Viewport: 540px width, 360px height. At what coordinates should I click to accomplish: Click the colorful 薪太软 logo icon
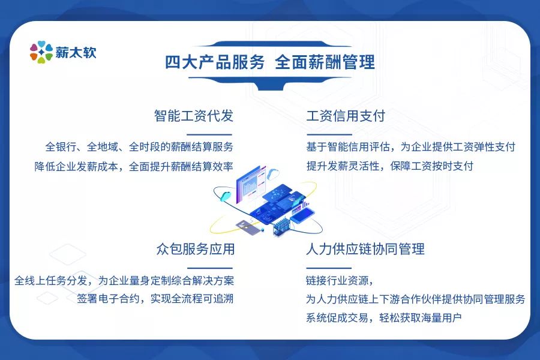[x=41, y=52]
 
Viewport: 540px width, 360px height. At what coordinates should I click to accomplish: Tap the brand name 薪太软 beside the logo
[x=76, y=53]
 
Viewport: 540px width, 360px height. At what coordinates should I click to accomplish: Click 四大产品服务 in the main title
[x=215, y=62]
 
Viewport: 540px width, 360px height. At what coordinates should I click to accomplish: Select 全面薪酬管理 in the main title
[x=325, y=62]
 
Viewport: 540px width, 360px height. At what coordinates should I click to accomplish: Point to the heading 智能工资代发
[x=194, y=116]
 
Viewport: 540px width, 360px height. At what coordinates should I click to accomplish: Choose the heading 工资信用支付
[x=346, y=116]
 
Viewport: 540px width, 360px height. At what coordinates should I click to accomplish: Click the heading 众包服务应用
[x=195, y=249]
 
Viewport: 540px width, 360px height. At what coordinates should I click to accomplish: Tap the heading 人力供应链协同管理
[x=365, y=249]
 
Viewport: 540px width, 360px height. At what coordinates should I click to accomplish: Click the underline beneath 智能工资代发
[x=209, y=134]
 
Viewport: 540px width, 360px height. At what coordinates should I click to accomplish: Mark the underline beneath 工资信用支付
[x=329, y=134]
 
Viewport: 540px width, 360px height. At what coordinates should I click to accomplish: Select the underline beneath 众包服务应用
[x=210, y=268]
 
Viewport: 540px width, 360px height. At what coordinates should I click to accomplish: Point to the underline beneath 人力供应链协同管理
[x=329, y=268]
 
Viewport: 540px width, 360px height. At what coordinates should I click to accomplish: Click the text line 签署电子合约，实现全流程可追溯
[x=155, y=299]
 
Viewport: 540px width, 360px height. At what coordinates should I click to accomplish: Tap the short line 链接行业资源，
[x=340, y=281]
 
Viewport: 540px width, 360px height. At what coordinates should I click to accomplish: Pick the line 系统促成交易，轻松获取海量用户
[x=383, y=317]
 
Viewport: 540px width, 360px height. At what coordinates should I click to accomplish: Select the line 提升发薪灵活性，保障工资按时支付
[x=390, y=166]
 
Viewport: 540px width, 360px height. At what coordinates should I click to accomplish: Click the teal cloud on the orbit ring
[x=226, y=197]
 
